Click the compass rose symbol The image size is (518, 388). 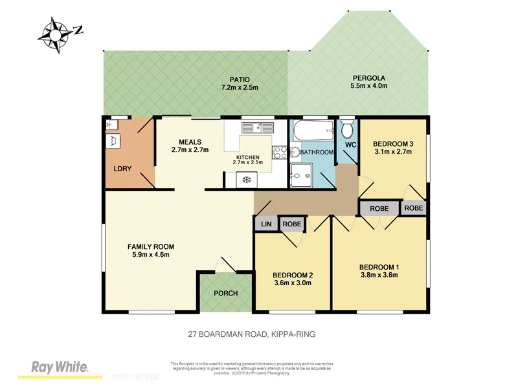click(x=57, y=32)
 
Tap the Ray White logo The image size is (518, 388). click(x=60, y=367)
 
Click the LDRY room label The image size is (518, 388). click(x=122, y=169)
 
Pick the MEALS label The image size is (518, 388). click(x=186, y=142)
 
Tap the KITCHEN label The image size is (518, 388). click(x=248, y=157)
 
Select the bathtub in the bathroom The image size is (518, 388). click(x=313, y=133)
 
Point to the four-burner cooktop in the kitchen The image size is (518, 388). click(x=280, y=153)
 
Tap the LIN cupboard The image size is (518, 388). click(x=265, y=224)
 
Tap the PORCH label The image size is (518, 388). click(x=225, y=293)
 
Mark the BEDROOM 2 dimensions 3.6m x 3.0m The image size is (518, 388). click(x=293, y=282)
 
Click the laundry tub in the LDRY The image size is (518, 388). click(x=113, y=139)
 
